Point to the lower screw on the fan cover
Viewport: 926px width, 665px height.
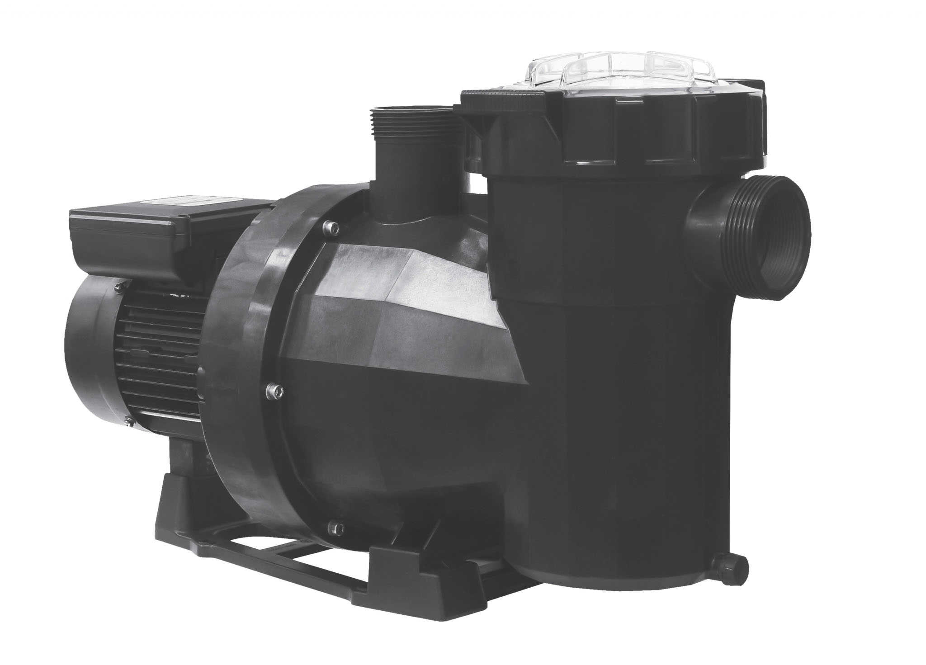[x=131, y=422]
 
